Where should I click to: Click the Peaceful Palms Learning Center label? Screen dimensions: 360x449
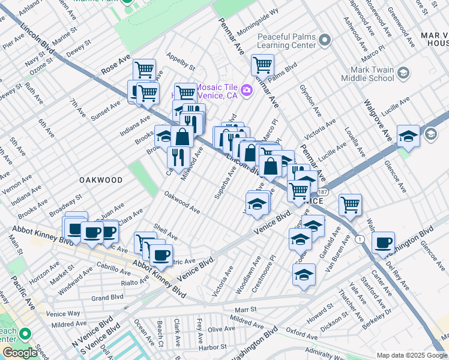click(286, 41)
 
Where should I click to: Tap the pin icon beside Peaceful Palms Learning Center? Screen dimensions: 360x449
click(325, 41)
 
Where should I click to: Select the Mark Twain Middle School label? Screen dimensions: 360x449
click(367, 74)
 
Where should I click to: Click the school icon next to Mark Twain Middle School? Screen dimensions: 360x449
click(403, 74)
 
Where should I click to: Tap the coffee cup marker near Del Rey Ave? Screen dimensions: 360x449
click(383, 242)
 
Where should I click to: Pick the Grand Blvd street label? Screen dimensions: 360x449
click(107, 297)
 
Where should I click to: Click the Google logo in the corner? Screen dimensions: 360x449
click(20, 353)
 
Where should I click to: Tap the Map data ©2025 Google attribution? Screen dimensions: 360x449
click(412, 355)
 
